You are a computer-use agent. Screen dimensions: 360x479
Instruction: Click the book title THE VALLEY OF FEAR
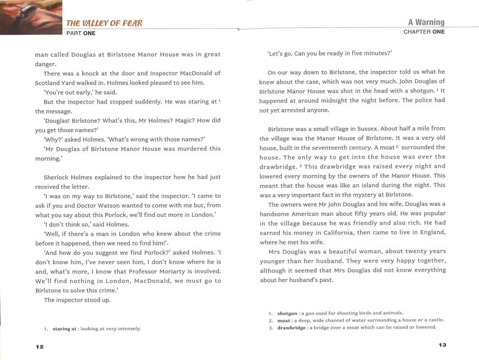tap(104, 23)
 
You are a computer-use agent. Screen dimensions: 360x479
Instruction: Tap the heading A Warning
tap(426, 23)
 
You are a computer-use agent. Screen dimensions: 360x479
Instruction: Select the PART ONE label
tap(80, 33)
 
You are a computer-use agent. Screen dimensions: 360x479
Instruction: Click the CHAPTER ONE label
tap(424, 32)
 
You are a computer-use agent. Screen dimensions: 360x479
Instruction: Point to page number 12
tap(39, 346)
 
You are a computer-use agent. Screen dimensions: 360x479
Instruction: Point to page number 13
tap(442, 345)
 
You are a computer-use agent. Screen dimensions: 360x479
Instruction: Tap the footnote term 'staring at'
tap(64, 329)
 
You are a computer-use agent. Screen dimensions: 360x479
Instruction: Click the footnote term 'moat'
tap(284, 320)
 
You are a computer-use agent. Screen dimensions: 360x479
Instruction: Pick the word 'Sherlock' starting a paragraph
tap(58, 177)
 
